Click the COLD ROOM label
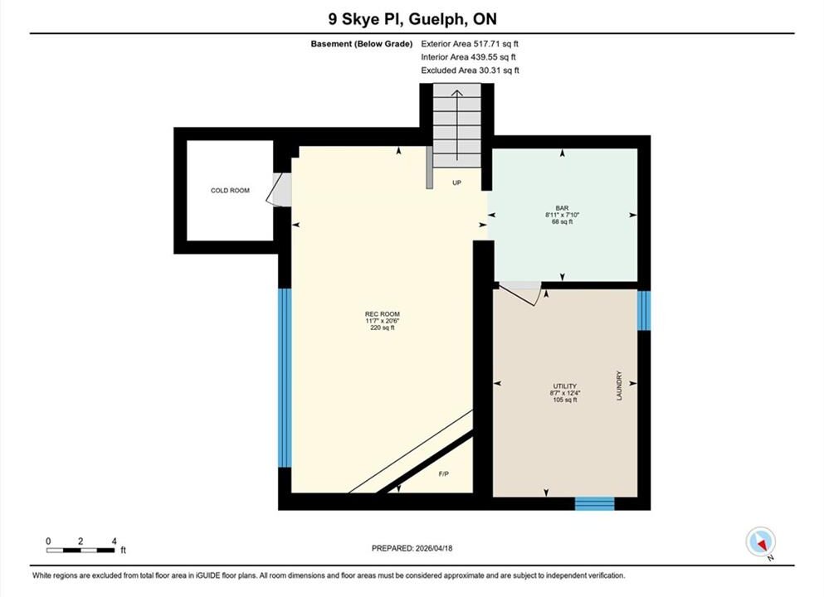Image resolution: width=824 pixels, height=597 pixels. pos(230,191)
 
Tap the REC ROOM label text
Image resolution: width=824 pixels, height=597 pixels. pos(383,314)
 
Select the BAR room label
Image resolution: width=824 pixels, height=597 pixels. pos(562,208)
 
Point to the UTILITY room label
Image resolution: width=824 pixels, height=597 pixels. pos(565,386)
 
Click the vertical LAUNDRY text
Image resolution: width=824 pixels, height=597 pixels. pos(619,386)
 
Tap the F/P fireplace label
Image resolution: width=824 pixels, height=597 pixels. pos(444,474)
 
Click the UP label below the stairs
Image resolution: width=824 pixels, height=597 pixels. pos(456,182)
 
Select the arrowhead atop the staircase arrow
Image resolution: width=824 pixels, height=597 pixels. pos(457,94)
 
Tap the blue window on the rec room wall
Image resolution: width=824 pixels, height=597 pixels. pos(285,377)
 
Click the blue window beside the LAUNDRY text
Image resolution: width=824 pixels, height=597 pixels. pos(644,310)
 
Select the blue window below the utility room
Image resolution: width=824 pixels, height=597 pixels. pos(594,503)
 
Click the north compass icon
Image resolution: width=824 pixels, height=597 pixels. pos(760,542)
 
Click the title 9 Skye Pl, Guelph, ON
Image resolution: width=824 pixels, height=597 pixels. pos(412,19)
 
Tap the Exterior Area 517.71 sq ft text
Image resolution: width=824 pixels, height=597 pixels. pos(470,44)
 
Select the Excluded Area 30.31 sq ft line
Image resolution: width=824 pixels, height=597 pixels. pos(470,70)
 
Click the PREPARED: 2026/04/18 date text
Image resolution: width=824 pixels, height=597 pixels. pos(412,548)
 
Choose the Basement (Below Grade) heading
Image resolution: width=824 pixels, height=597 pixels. pos(362,44)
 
